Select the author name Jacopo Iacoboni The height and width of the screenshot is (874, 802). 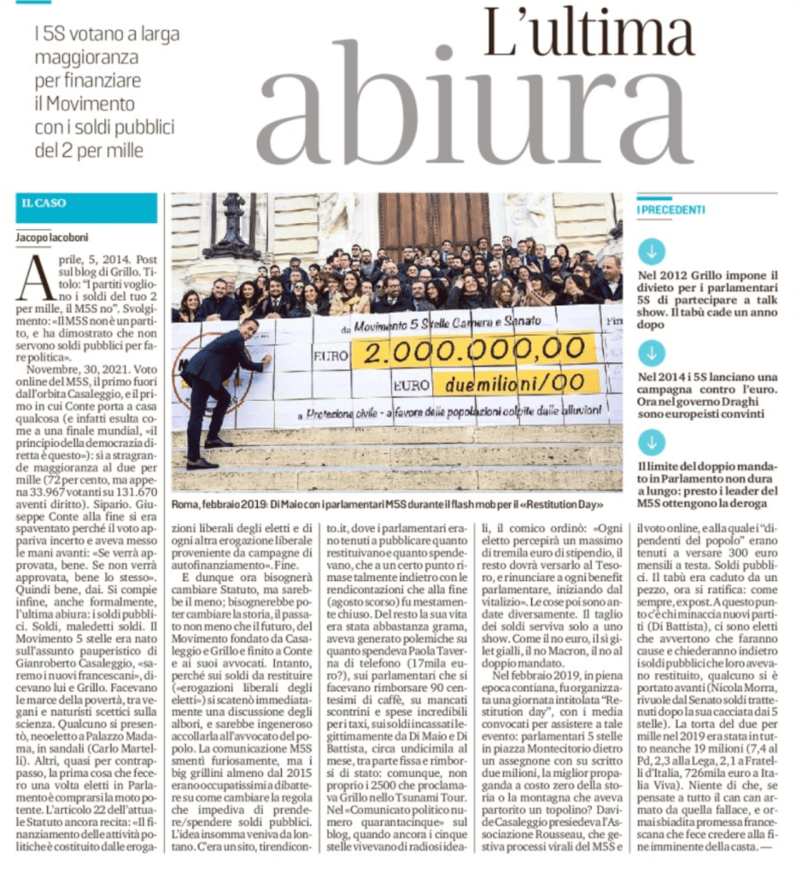pyautogui.click(x=53, y=237)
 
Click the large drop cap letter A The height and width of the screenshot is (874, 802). pyautogui.click(x=34, y=278)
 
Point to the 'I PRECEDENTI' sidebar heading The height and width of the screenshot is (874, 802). pyautogui.click(x=672, y=209)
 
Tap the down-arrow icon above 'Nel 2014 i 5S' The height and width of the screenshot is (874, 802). pyautogui.click(x=652, y=352)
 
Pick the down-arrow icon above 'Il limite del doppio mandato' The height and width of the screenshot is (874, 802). pyautogui.click(x=652, y=441)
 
